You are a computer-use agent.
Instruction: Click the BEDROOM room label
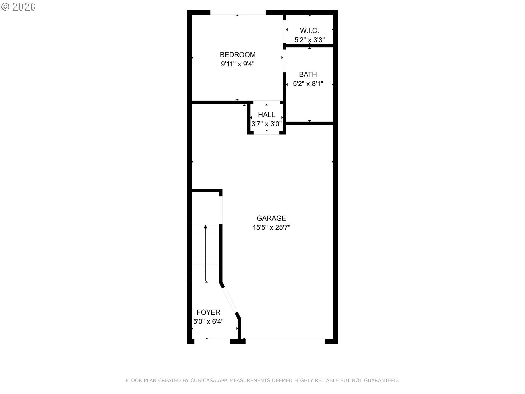(x=238, y=55)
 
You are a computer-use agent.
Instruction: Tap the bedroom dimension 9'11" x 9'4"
(x=238, y=64)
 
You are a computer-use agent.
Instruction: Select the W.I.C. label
(x=309, y=31)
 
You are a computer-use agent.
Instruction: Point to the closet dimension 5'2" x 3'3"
(x=309, y=40)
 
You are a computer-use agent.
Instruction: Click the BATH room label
(x=308, y=74)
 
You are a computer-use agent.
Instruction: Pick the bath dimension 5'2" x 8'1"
(x=308, y=84)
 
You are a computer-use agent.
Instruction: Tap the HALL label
(x=266, y=115)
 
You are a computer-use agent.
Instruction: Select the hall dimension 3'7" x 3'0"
(x=266, y=124)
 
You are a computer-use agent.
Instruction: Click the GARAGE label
(x=271, y=218)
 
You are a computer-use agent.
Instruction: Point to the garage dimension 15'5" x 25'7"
(x=271, y=227)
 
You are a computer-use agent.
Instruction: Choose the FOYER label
(x=208, y=312)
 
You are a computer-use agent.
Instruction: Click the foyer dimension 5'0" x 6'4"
(x=208, y=321)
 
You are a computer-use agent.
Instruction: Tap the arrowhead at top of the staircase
(x=205, y=227)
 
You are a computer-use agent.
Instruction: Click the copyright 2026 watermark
(x=19, y=7)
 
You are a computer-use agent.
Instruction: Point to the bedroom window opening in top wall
(x=238, y=13)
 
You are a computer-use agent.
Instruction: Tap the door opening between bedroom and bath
(x=284, y=61)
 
